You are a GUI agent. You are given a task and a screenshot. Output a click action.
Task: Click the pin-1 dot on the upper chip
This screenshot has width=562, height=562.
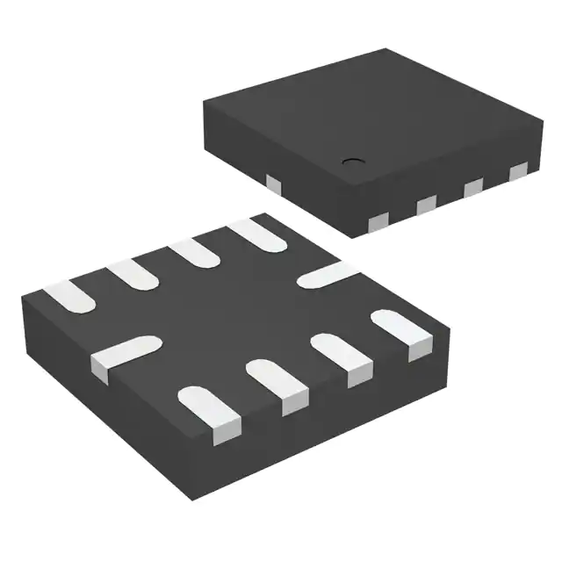(x=353, y=161)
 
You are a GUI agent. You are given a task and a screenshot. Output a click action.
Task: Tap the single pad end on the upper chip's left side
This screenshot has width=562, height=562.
(x=273, y=184)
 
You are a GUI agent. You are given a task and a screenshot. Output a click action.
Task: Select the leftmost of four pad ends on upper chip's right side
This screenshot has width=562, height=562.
(x=378, y=220)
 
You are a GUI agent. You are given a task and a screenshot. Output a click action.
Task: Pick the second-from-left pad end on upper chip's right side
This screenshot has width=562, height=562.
(x=427, y=204)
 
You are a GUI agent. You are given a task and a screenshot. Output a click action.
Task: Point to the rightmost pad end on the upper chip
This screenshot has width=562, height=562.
(x=519, y=170)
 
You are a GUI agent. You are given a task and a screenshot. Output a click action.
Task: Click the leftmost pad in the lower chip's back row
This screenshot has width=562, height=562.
(x=68, y=297)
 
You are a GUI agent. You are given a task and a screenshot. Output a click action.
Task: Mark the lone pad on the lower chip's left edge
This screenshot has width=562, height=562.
(x=120, y=354)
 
